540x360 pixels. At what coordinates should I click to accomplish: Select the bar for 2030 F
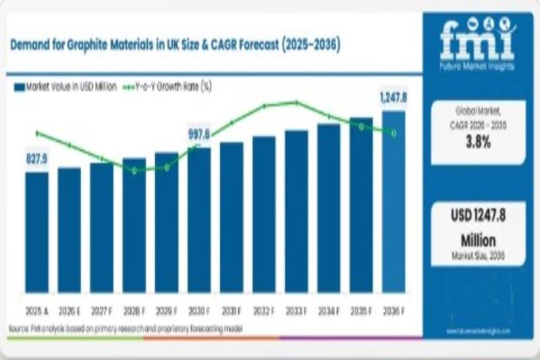(x=199, y=220)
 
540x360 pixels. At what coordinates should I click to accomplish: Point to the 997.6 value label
(x=199, y=134)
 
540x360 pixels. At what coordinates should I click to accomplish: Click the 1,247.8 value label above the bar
(x=394, y=99)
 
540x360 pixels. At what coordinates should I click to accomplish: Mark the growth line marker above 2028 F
(x=134, y=170)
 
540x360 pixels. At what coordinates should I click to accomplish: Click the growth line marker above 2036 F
(x=394, y=132)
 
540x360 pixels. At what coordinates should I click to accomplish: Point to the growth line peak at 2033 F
(x=296, y=103)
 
